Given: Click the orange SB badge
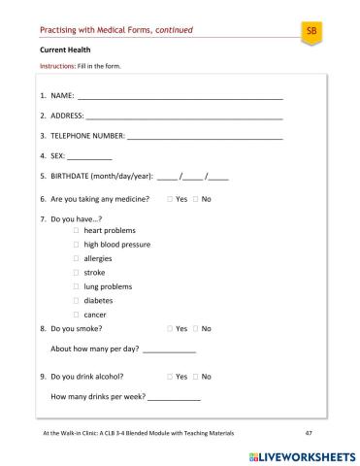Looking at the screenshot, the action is [311, 32].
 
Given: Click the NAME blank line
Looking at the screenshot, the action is [180, 97].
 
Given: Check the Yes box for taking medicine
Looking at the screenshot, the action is [170, 199].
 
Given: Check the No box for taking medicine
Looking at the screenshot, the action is [195, 199].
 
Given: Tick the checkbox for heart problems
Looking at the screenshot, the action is [77, 231].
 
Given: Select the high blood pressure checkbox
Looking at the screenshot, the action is [77, 245].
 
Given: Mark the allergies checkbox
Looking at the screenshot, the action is [77, 259].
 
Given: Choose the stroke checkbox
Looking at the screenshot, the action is [77, 273].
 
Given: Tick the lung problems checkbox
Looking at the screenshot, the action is [77, 287].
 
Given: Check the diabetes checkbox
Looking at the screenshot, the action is [77, 301].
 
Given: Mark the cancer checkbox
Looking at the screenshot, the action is [77, 315].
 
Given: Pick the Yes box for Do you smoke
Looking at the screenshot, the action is [170, 329].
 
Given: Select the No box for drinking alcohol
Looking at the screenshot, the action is [195, 376].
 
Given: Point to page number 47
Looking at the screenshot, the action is [308, 432].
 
